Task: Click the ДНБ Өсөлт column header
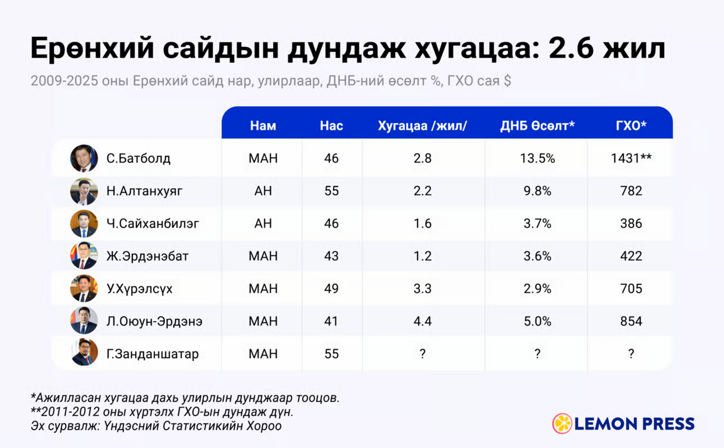537,126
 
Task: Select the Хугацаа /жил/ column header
422,126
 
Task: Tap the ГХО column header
631,126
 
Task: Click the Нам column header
263,126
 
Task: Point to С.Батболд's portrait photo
84,158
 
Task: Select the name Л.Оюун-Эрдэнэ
154,321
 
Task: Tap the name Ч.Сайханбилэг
152,223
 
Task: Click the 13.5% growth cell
537,158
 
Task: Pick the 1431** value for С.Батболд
631,158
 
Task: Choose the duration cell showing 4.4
422,321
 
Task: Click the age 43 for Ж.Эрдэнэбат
331,256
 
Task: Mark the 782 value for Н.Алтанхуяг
631,191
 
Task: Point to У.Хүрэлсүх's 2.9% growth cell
537,288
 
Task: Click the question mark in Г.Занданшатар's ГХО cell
631,354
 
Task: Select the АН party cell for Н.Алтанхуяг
263,191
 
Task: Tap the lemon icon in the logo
562,423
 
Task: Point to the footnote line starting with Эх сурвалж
156,426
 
